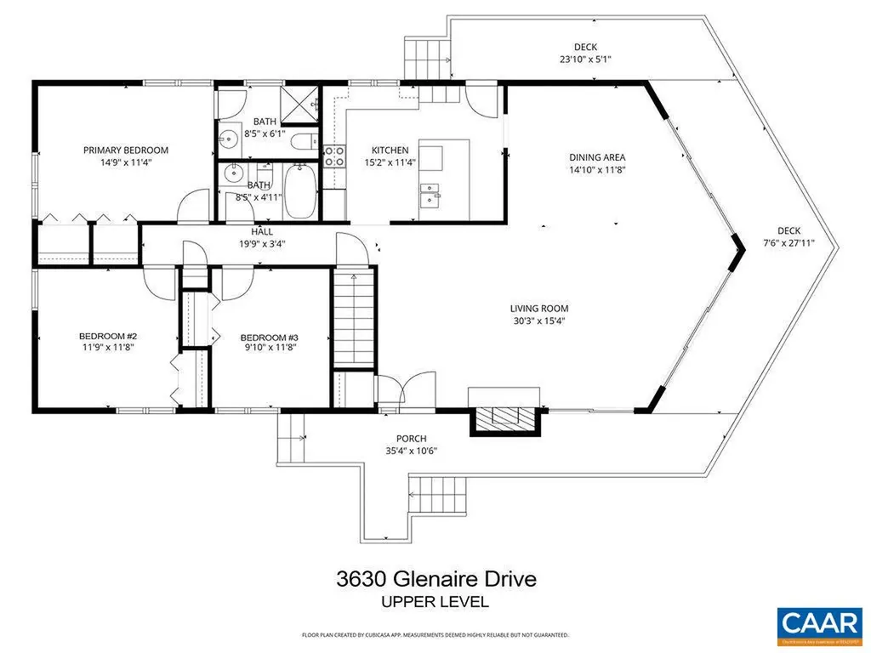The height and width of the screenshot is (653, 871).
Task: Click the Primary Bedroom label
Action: pyautogui.click(x=126, y=150)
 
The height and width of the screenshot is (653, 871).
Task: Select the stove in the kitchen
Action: pyautogui.click(x=334, y=156)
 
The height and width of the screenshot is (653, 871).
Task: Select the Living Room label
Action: pyautogui.click(x=538, y=309)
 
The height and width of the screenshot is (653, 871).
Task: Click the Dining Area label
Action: pyautogui.click(x=597, y=157)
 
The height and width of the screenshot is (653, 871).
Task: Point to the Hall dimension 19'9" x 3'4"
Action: pyautogui.click(x=261, y=243)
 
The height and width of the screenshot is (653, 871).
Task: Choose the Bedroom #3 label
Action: pyautogui.click(x=269, y=337)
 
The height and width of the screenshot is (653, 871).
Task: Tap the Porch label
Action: pyautogui.click(x=412, y=439)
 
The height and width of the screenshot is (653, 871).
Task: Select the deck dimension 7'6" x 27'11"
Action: pyautogui.click(x=789, y=242)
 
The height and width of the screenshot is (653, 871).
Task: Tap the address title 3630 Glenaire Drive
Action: pyautogui.click(x=435, y=580)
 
